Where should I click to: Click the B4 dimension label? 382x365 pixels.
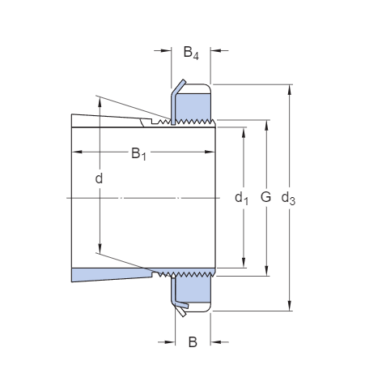click(x=191, y=54)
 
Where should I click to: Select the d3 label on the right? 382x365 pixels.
click(x=287, y=197)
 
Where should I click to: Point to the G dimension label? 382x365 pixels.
click(x=265, y=197)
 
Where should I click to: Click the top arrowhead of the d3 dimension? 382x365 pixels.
click(x=289, y=88)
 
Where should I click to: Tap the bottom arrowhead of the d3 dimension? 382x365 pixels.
click(x=289, y=306)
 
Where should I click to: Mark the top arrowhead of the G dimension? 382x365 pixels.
click(x=266, y=126)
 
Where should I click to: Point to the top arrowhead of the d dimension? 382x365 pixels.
click(x=99, y=102)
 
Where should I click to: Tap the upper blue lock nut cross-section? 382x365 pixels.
click(x=194, y=104)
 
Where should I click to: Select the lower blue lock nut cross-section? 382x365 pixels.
click(x=194, y=293)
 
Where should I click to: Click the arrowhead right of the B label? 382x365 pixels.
click(x=215, y=341)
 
